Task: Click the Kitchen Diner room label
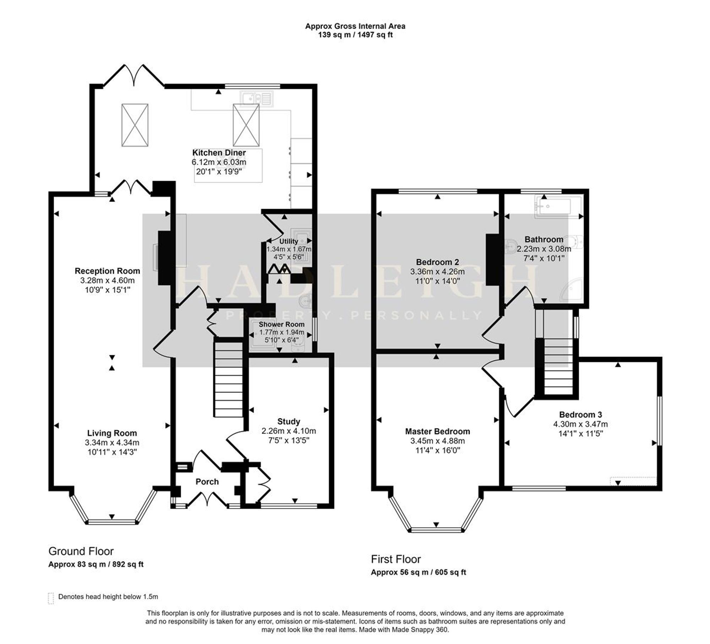[219, 153]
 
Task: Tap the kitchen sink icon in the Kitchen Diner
[257, 99]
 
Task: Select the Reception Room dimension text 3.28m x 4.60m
[107, 280]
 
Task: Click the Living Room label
[112, 433]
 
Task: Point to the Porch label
[207, 481]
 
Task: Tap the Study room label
[289, 422]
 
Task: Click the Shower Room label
[282, 324]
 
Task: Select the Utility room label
[289, 241]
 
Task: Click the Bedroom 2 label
[437, 262]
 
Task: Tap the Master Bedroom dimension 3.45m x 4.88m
[437, 441]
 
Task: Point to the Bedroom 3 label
[580, 414]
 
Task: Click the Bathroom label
[544, 240]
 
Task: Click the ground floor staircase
[228, 377]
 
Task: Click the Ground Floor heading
[81, 551]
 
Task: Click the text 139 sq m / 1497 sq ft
[355, 35]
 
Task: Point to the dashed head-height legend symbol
[51, 598]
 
